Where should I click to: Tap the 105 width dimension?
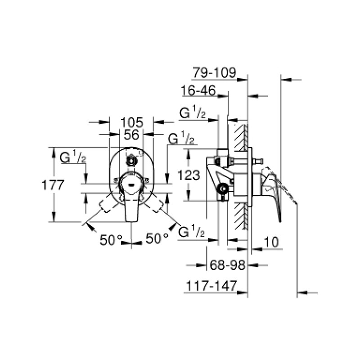[x=132, y=122]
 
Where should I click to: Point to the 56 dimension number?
[x=131, y=135]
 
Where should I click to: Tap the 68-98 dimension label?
[x=227, y=265]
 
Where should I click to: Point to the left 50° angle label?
[x=110, y=240]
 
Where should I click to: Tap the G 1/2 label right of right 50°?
[x=192, y=233]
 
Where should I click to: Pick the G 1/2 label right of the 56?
[x=181, y=139]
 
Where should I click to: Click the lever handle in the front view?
[x=131, y=200]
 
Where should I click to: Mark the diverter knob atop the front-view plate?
[x=131, y=160]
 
